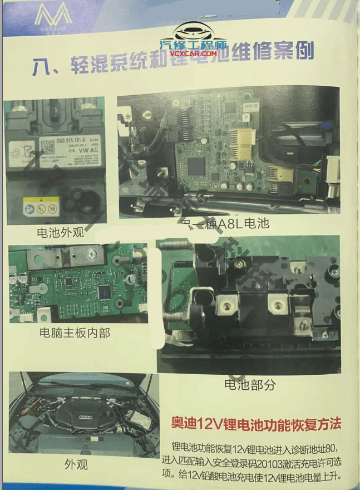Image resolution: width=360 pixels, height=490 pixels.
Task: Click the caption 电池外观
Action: [60, 232]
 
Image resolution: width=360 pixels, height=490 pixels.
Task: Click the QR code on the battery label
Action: [47, 146]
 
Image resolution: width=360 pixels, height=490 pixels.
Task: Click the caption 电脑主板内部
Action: [75, 333]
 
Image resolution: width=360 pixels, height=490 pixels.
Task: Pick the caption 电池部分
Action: [249, 384]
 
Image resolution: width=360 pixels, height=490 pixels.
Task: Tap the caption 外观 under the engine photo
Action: [76, 463]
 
